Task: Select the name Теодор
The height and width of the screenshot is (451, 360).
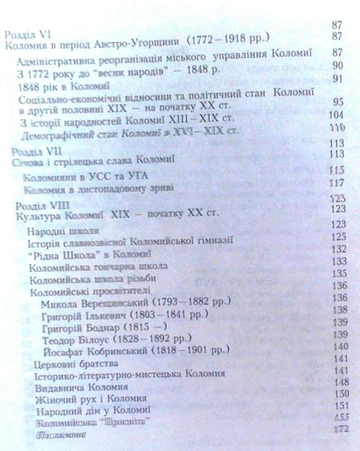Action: click(58, 338)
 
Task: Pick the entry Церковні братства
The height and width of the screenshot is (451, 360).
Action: click(65, 362)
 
